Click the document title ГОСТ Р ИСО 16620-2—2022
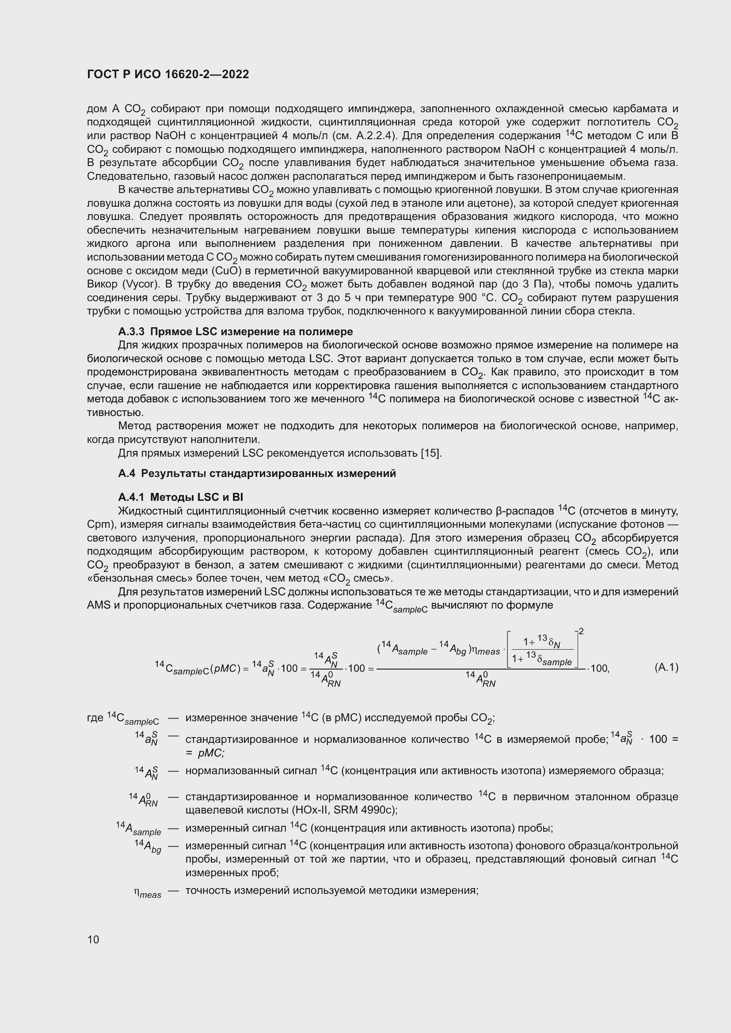coord(168,75)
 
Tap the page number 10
coord(93,939)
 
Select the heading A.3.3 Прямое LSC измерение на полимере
coord(236,332)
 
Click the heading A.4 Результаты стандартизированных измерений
coord(257,473)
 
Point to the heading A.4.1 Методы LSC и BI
coord(180,497)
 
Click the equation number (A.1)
coord(666,667)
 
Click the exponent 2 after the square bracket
coord(581,632)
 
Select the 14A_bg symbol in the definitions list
coord(148,846)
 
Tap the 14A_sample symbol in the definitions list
coord(138,828)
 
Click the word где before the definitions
coord(95,718)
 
